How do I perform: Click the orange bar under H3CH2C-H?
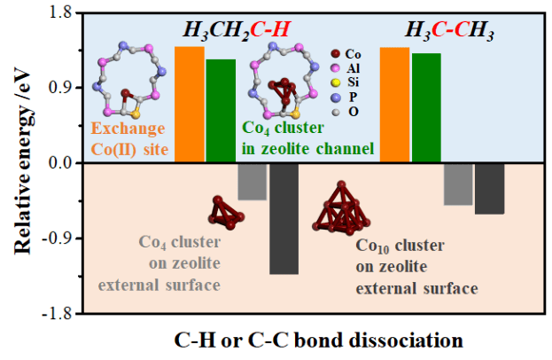pos(190,104)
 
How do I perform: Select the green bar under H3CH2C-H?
pos(221,111)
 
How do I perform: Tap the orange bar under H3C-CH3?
pos(394,105)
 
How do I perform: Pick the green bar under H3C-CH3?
pos(426,107)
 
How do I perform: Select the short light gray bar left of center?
pos(253,181)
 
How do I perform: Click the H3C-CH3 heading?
pos(449,30)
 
